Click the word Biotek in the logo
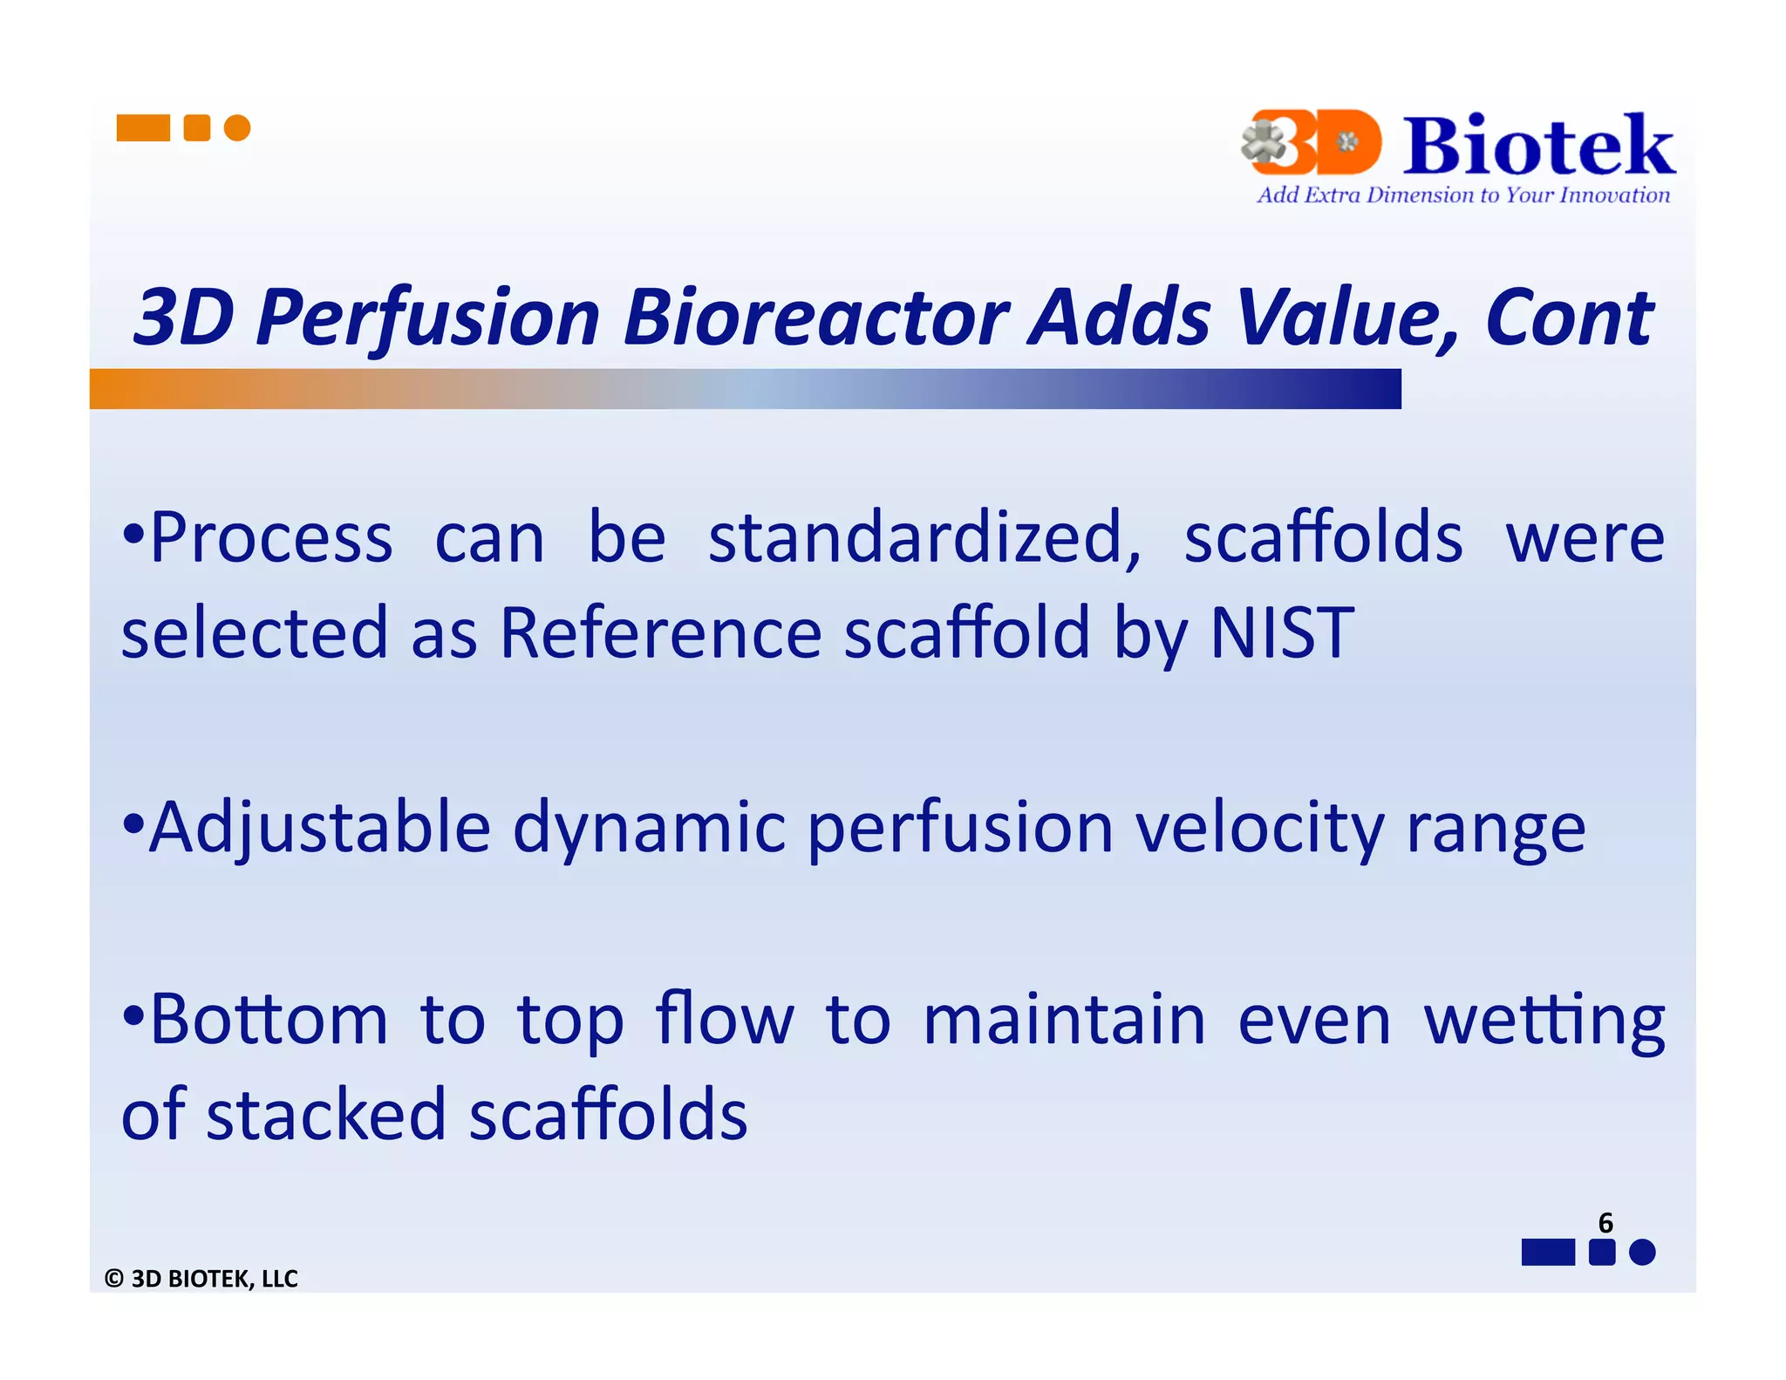coord(1537,146)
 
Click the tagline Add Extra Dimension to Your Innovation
coord(1462,195)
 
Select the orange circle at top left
coord(237,128)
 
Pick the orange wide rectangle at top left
coord(143,128)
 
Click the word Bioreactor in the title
coord(816,318)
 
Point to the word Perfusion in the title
coord(427,318)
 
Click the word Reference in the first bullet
coord(660,632)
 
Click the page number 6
coord(1605,1222)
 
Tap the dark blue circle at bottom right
coord(1642,1252)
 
